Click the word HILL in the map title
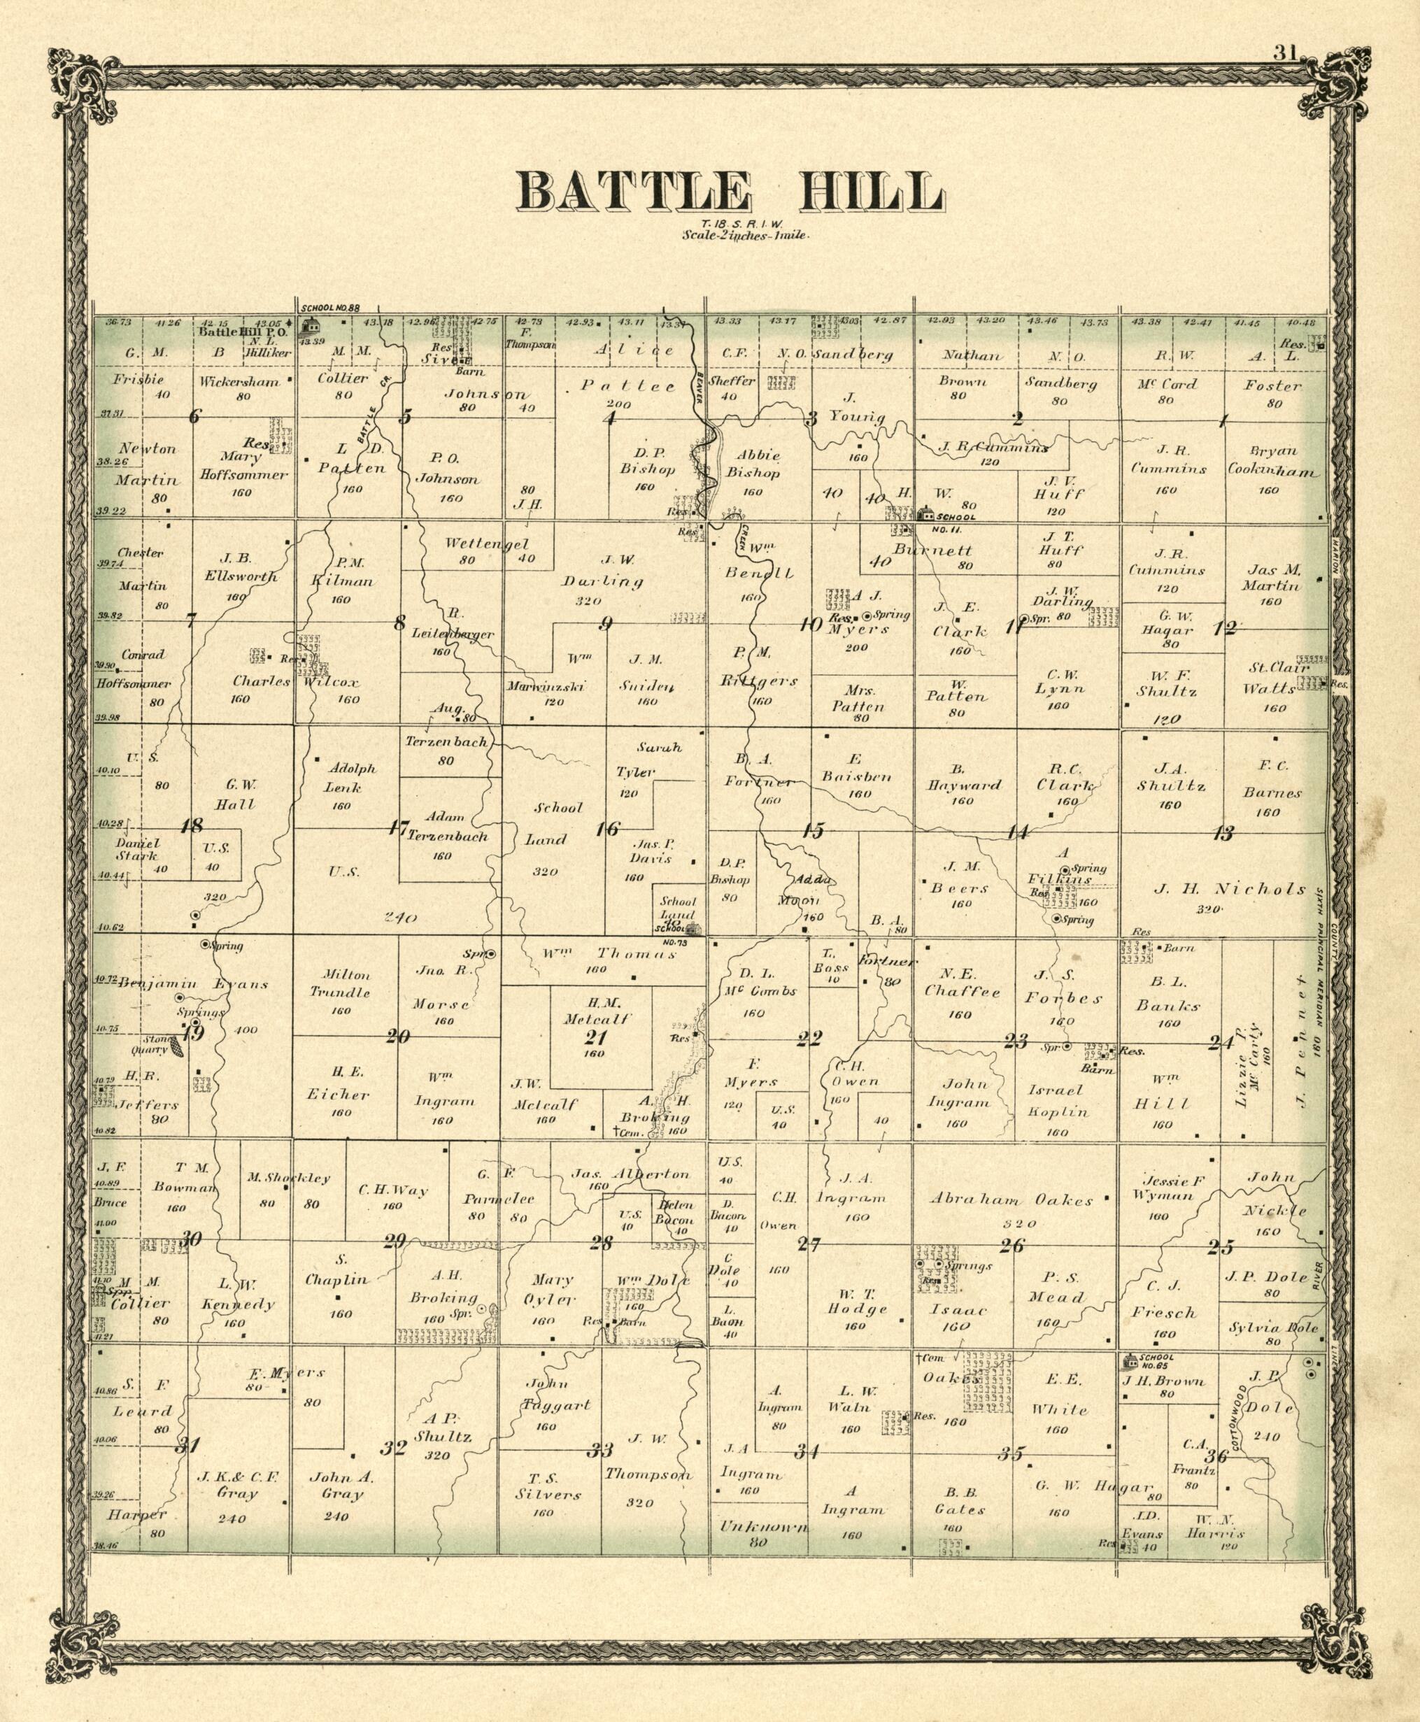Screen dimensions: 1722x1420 [869, 193]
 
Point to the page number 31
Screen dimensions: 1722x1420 [1284, 53]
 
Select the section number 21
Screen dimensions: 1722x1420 [595, 1038]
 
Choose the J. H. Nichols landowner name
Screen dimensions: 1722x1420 [1230, 889]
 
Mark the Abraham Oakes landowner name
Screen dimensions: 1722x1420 [1011, 1200]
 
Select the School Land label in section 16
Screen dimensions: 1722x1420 [559, 823]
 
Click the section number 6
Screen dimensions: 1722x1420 [194, 416]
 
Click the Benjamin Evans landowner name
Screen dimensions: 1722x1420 [194, 983]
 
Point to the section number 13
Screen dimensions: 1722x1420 [1223, 834]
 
